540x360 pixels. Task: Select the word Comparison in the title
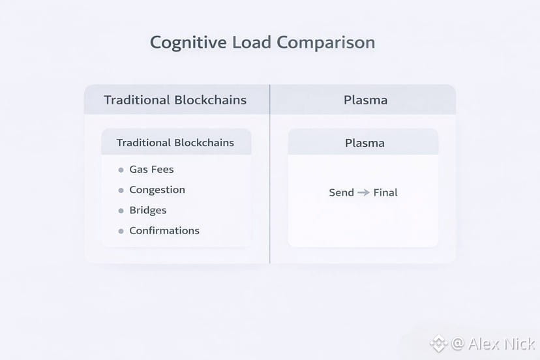[x=326, y=43]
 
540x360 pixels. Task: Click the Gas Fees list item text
[x=151, y=170]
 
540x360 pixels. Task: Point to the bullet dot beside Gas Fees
[x=121, y=170]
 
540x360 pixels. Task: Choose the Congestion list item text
[x=157, y=190]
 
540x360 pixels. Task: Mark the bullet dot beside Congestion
[x=121, y=190]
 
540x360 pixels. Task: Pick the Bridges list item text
[x=148, y=210]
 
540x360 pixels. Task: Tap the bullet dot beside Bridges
[x=121, y=211]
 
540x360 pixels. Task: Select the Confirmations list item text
[x=164, y=230]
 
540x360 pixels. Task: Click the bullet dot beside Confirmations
[x=121, y=231]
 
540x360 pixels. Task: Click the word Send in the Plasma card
[x=341, y=192]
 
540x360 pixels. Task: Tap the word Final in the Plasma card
[x=385, y=192]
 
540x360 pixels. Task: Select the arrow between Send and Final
[x=363, y=192]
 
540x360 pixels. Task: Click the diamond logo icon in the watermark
[x=438, y=343]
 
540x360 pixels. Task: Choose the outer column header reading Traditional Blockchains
[x=175, y=100]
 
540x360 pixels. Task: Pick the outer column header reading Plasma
[x=365, y=100]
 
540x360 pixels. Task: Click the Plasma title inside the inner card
[x=365, y=143]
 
